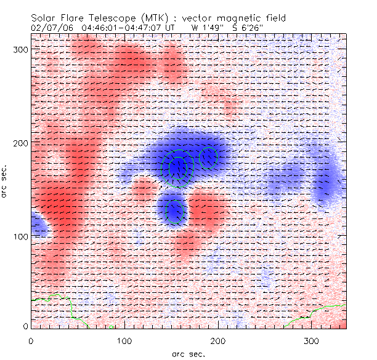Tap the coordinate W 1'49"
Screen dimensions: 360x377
click(205, 28)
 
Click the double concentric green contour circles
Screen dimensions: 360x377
click(177, 167)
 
